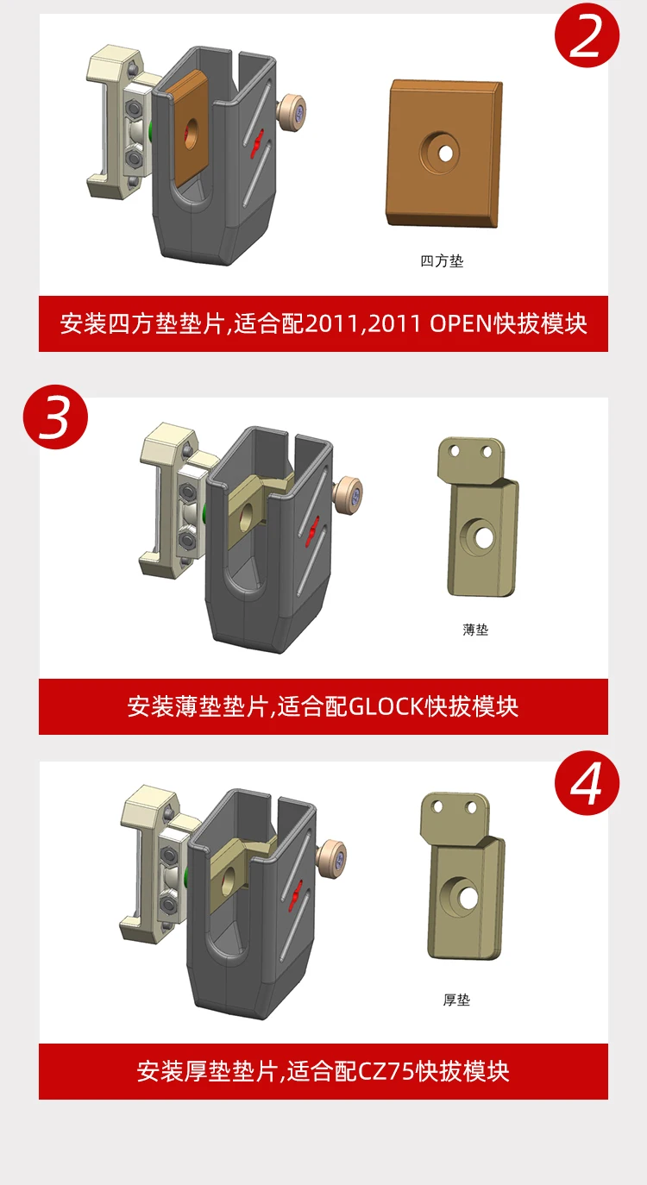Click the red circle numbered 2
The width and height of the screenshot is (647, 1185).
click(x=587, y=35)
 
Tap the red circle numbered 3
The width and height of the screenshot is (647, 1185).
click(x=55, y=417)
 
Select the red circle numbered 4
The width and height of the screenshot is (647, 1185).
click(x=587, y=783)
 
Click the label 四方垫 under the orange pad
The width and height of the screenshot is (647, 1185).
click(x=442, y=260)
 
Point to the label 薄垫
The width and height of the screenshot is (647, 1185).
click(x=475, y=630)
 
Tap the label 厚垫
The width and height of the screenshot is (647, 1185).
click(x=456, y=1000)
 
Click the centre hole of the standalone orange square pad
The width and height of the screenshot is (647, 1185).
click(x=445, y=154)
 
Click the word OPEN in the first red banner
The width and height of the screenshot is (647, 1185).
click(x=461, y=323)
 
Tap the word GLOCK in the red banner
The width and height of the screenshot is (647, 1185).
click(x=386, y=706)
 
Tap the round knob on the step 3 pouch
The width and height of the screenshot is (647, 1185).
click(x=349, y=494)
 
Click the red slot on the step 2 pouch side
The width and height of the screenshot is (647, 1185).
click(x=258, y=143)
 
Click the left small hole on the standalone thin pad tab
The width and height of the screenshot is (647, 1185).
click(x=454, y=451)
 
